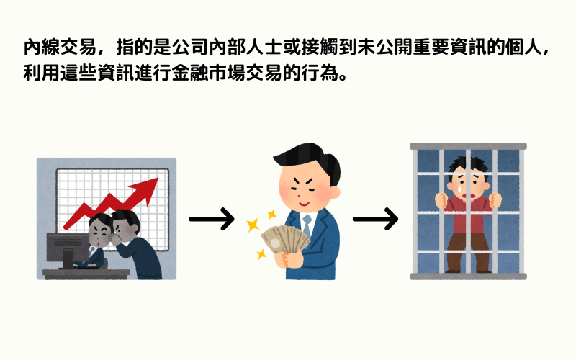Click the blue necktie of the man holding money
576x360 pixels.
[x=307, y=228]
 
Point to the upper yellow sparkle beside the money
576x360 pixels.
[x=272, y=214]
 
